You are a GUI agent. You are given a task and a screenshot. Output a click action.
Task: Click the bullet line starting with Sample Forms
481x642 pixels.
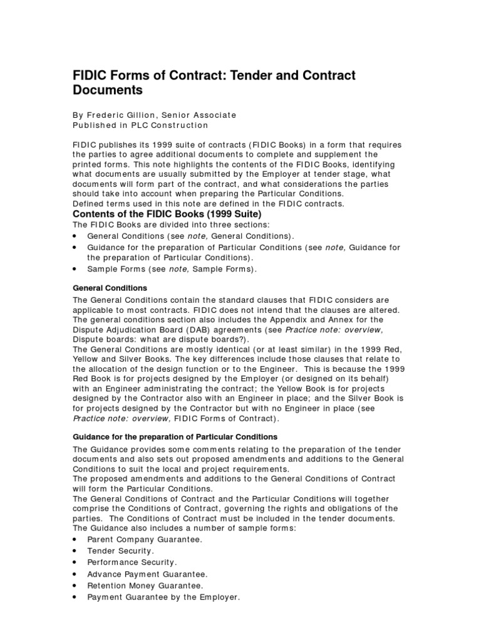(172, 269)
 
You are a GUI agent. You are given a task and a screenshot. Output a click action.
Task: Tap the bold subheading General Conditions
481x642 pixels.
(110, 288)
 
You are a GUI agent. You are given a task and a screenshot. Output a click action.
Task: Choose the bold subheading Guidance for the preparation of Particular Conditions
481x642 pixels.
(175, 436)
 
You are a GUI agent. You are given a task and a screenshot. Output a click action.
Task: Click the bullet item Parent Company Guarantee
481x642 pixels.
(145, 539)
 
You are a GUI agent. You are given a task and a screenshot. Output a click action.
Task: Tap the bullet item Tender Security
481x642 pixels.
(120, 551)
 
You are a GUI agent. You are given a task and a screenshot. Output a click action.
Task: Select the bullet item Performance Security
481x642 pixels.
(132, 562)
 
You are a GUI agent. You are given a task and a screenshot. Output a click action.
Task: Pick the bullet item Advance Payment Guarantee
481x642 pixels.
(147, 574)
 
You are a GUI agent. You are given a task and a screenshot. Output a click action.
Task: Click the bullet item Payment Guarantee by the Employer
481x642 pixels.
(163, 597)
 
